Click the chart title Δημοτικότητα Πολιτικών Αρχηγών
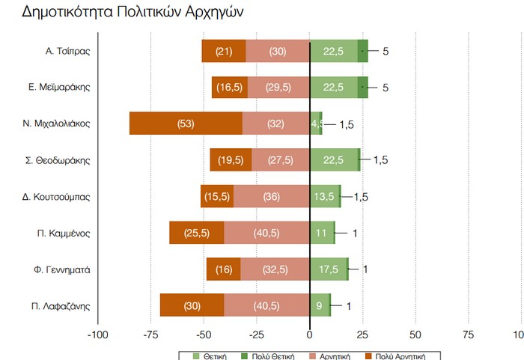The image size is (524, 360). click(132, 13)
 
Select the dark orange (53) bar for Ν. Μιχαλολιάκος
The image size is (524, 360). click(186, 123)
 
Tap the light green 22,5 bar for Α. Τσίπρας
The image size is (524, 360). click(333, 51)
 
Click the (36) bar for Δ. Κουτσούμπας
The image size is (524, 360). click(271, 197)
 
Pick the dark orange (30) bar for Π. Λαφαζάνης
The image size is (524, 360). click(192, 305)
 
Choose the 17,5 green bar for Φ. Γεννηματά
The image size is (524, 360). click(328, 269)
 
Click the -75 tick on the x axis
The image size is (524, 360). click(150, 334)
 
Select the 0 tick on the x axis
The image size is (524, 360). click(310, 334)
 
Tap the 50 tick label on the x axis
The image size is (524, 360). click(415, 334)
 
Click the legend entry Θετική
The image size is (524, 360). click(212, 356)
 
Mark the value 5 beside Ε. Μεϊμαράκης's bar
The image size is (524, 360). click(386, 88)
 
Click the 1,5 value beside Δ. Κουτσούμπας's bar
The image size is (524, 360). click(361, 197)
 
